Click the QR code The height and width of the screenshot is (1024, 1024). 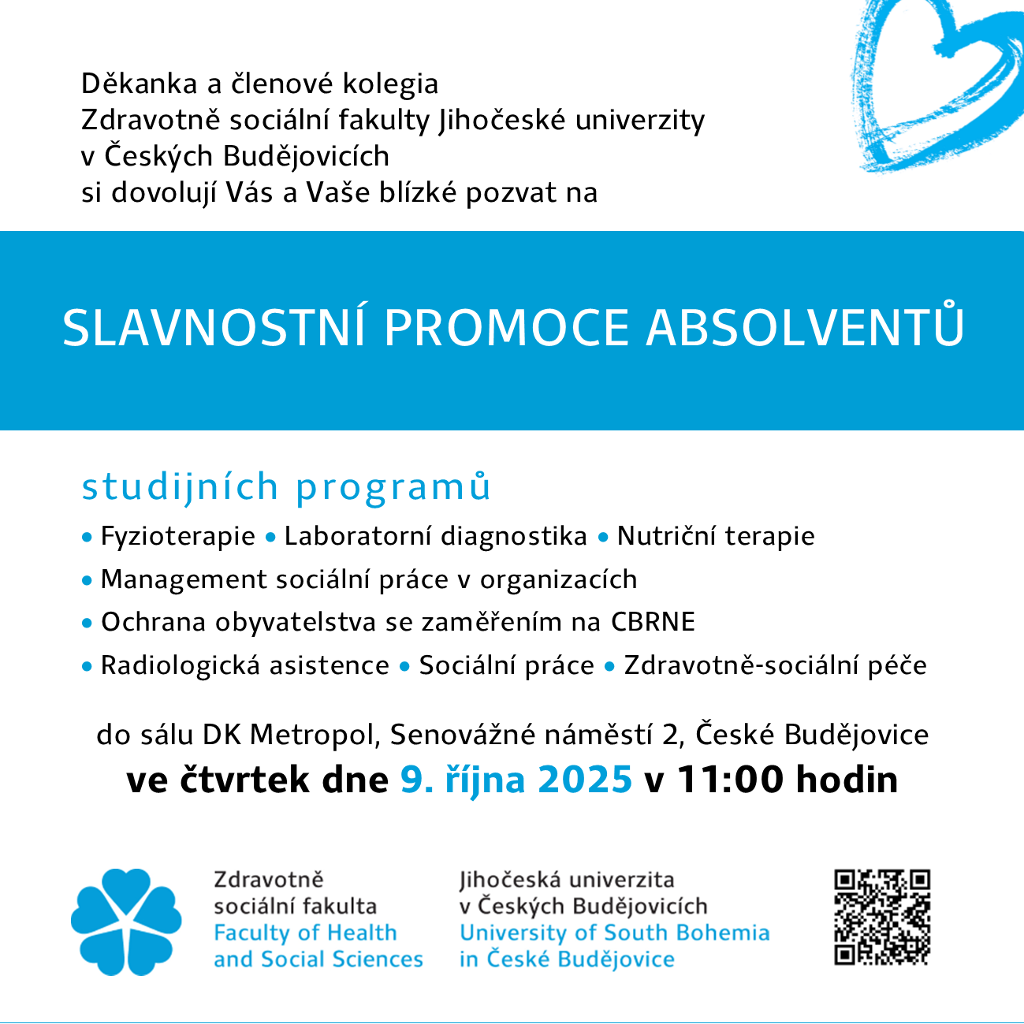coord(882,917)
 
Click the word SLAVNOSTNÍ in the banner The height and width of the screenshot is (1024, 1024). coord(214,328)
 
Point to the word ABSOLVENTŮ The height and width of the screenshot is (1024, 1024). coord(805,326)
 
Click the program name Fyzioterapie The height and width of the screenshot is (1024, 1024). coord(177,537)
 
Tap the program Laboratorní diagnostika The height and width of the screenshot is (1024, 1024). coord(435,537)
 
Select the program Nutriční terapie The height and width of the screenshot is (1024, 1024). coord(715,537)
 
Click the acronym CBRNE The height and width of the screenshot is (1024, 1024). coord(653,622)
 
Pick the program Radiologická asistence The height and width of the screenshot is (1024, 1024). coord(244,665)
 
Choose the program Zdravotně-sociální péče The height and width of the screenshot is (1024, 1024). coord(775,665)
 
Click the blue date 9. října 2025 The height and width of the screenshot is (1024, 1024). coord(516,780)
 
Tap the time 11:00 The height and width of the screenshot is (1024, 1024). coord(730,780)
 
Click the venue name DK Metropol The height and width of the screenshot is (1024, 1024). coord(285,735)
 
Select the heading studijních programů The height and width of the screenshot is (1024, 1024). coord(286,487)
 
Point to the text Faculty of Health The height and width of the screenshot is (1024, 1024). coord(305,933)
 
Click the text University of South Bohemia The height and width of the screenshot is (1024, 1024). coord(614,933)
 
